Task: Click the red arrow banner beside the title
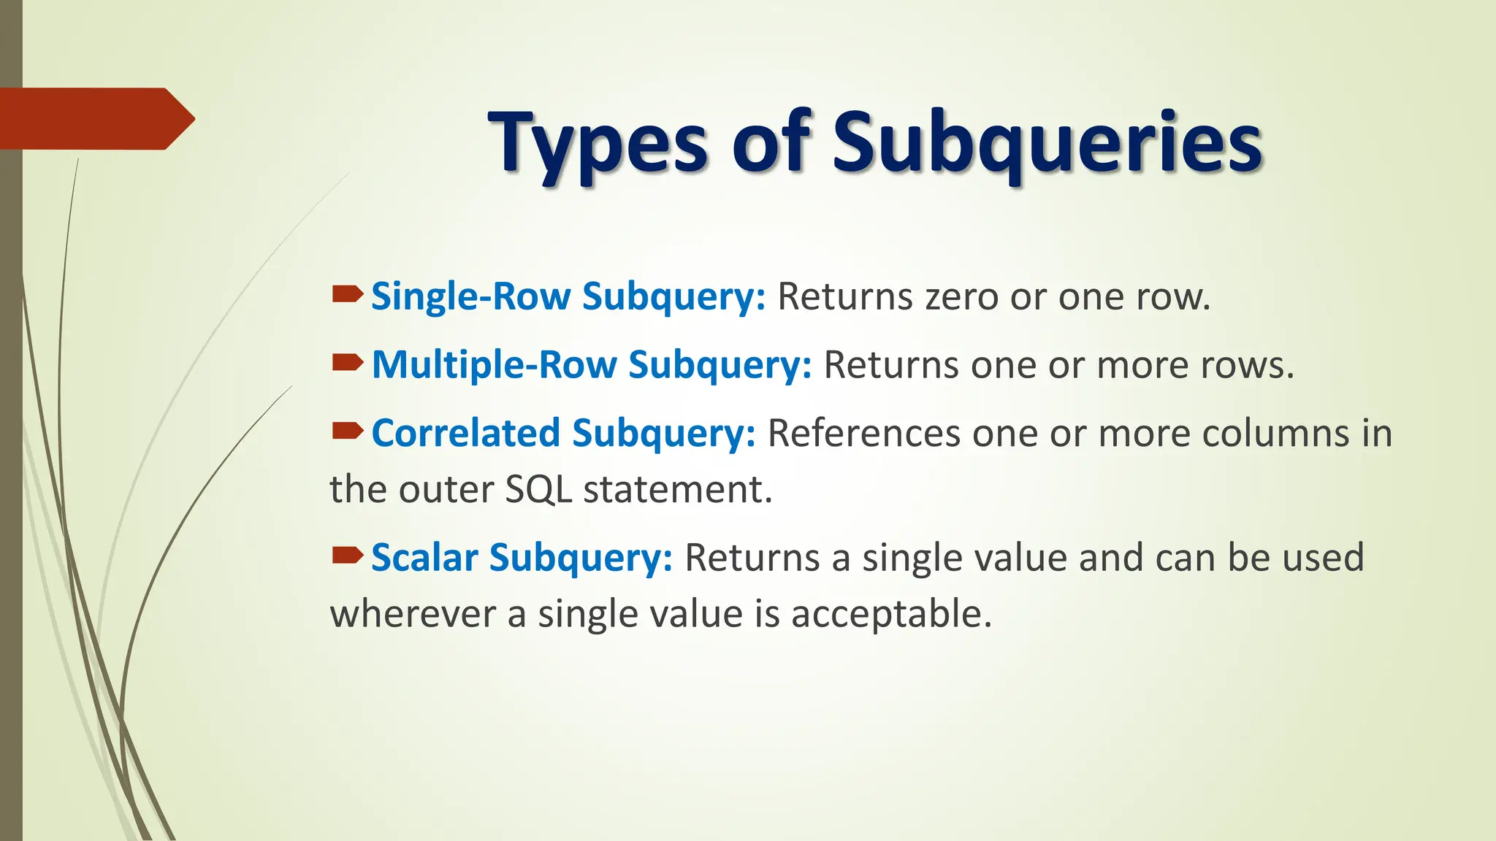95,118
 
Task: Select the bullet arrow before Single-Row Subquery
347,294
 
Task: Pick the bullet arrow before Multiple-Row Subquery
347,362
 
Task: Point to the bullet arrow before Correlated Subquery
347,431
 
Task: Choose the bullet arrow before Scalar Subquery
347,556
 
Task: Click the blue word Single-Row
470,296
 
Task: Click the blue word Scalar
424,558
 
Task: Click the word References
863,434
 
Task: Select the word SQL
538,490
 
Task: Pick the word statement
677,490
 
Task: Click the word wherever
413,614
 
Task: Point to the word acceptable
891,614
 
